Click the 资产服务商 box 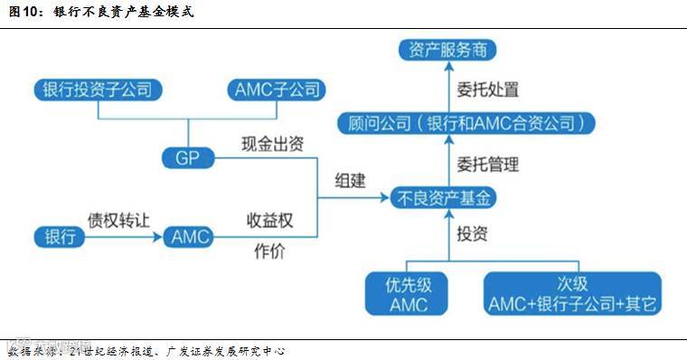point(447,51)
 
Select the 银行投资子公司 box point(97,90)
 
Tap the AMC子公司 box point(275,90)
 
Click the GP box point(185,157)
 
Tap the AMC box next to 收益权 point(190,237)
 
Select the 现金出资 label point(271,145)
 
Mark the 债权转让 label point(116,220)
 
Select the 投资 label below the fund point(472,233)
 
